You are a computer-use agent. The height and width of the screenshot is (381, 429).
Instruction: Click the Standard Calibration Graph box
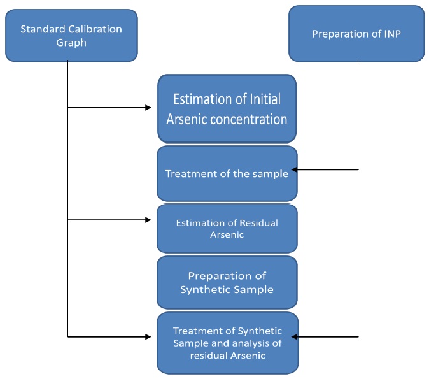(x=71, y=36)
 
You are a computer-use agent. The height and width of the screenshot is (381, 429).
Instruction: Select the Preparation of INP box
(x=356, y=34)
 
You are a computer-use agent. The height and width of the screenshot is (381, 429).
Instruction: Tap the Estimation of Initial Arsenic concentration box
(x=227, y=109)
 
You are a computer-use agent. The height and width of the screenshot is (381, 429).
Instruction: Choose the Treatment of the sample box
(x=227, y=173)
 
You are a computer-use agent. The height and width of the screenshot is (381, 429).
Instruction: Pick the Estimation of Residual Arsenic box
(x=227, y=228)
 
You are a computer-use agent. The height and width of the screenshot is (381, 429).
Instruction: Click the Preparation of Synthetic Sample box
(x=227, y=282)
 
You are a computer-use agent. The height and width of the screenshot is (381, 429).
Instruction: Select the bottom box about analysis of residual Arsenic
(x=227, y=342)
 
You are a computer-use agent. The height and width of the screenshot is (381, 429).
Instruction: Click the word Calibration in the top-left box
(x=94, y=29)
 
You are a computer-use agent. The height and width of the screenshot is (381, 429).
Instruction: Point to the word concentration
(x=250, y=119)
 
